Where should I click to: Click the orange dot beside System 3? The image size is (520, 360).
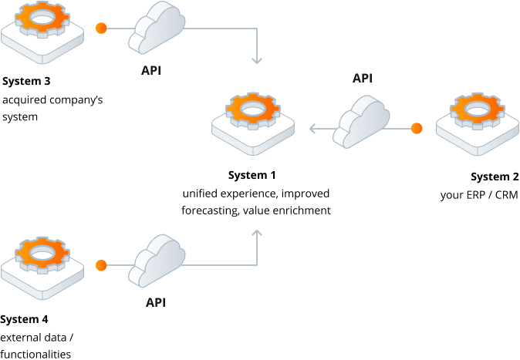100,29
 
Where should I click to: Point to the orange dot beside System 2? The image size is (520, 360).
417,128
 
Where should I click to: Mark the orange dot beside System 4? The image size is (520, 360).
100,266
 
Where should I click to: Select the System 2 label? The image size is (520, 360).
495,178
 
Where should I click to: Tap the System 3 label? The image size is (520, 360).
26,80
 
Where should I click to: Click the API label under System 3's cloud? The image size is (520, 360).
151,71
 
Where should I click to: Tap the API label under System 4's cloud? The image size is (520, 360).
156,302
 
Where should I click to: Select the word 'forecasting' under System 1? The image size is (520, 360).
210,210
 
